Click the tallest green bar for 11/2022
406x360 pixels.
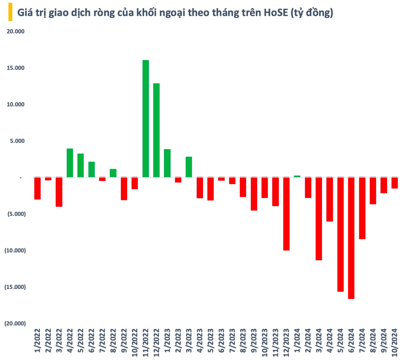(x=146, y=119)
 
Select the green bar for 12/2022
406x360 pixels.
(x=157, y=130)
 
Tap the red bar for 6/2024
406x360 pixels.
(x=351, y=238)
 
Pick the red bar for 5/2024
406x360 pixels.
(x=340, y=234)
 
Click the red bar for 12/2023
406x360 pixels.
(x=286, y=214)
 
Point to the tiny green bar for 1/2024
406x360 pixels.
(x=297, y=176)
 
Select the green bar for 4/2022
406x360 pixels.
(x=70, y=163)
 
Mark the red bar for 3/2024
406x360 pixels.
(x=319, y=219)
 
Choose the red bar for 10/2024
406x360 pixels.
(x=394, y=183)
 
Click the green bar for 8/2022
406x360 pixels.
(x=113, y=173)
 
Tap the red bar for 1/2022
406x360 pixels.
(x=37, y=188)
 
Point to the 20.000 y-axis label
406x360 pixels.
(x=16, y=31)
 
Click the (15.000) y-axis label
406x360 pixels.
(x=15, y=287)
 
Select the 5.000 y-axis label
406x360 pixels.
(x=17, y=141)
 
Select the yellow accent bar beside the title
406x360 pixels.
(x=10, y=12)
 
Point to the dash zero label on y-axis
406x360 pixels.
(x=20, y=178)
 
